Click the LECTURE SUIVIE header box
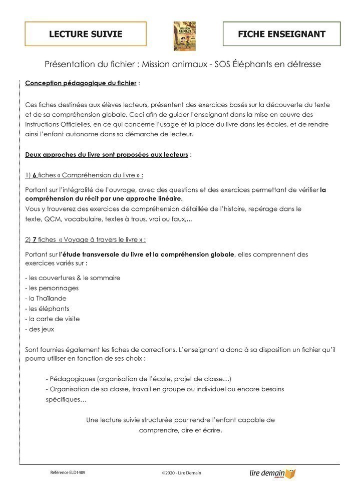click(86, 34)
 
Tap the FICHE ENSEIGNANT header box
click(281, 34)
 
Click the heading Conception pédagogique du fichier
click(80, 83)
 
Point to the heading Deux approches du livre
click(106, 154)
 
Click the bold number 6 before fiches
click(35, 175)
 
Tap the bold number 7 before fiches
click(35, 239)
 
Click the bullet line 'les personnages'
click(52, 288)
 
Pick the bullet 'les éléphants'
click(48, 309)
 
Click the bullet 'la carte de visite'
click(53, 319)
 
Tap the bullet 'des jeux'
click(40, 329)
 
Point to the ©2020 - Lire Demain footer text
click(181, 472)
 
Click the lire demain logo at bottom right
click(272, 473)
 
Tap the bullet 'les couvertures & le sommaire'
click(73, 278)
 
